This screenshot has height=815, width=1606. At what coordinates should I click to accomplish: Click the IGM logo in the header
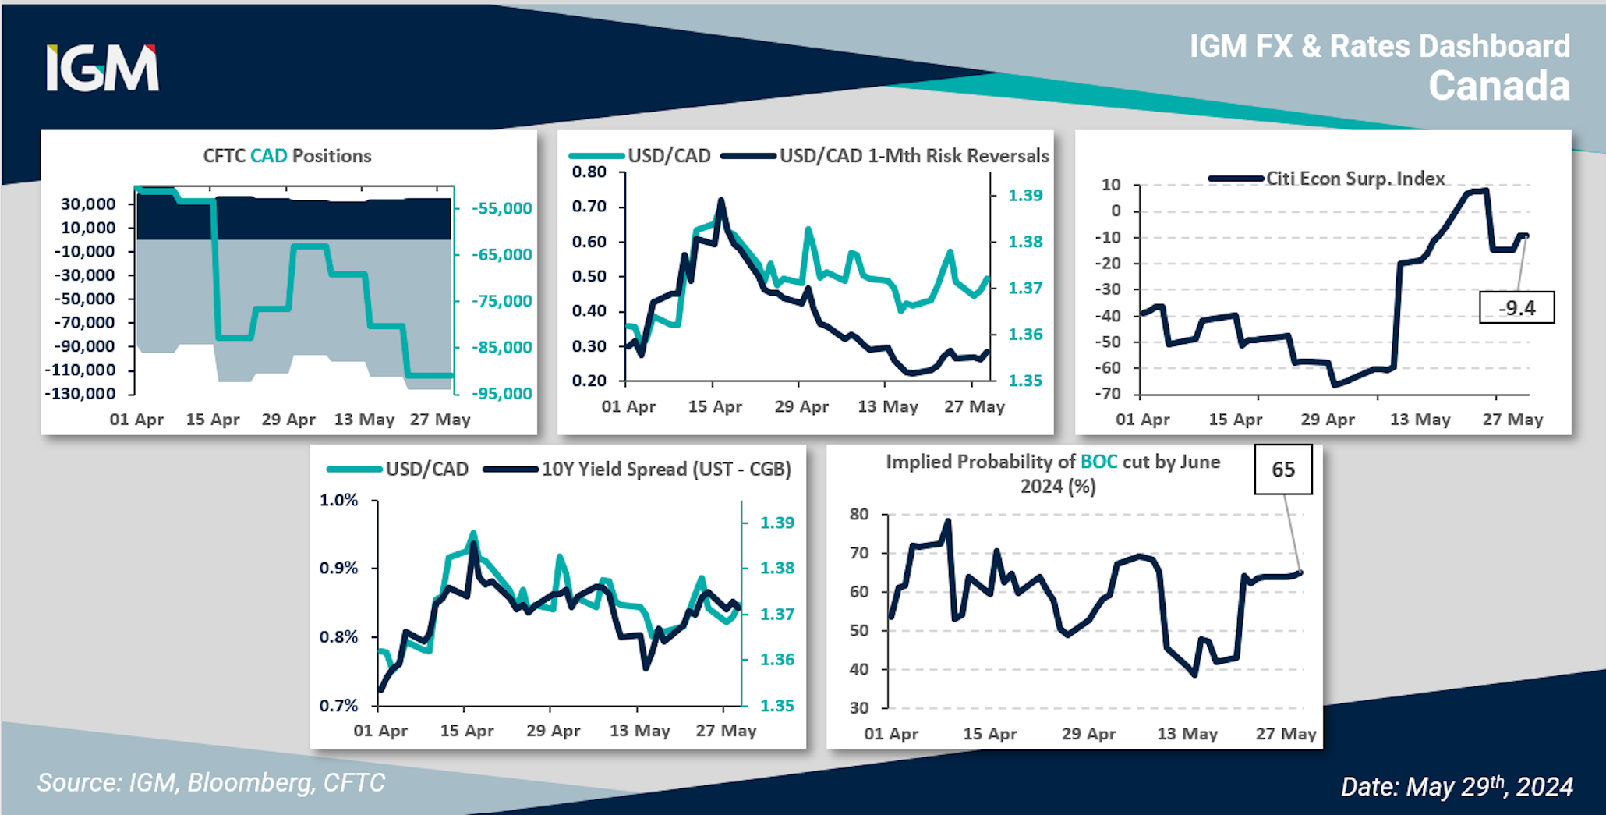(102, 68)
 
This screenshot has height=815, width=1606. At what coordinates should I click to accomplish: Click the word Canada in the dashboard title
(1498, 86)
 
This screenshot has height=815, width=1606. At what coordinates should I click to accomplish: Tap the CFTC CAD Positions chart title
(287, 156)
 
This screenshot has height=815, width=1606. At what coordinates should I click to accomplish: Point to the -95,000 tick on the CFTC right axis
(503, 394)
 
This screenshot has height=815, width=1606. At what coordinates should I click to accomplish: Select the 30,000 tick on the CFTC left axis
(88, 204)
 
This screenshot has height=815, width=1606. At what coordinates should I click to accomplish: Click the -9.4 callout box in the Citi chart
(1516, 308)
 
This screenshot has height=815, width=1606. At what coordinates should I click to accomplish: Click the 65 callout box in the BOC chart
(1282, 470)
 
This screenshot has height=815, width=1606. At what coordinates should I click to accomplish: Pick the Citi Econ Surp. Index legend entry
(1354, 179)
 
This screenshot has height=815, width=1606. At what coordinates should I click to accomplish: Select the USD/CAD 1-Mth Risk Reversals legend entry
(914, 156)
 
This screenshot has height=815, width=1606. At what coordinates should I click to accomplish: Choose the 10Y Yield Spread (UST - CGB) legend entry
(667, 470)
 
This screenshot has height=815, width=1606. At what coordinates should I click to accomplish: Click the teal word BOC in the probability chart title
(1098, 462)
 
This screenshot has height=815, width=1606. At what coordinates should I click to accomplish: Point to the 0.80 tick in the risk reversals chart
(589, 172)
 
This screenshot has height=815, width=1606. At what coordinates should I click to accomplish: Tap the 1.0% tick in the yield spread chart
(338, 501)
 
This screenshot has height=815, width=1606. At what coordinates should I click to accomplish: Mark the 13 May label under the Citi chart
(1420, 420)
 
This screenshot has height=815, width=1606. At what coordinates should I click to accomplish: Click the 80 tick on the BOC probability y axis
(858, 514)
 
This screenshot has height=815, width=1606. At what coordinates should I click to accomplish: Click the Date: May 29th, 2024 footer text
(1456, 786)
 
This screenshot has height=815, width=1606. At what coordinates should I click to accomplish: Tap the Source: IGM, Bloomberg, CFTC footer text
(211, 783)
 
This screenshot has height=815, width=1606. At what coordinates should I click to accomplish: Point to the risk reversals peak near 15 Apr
(720, 201)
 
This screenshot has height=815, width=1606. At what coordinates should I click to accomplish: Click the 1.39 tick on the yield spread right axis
(777, 523)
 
